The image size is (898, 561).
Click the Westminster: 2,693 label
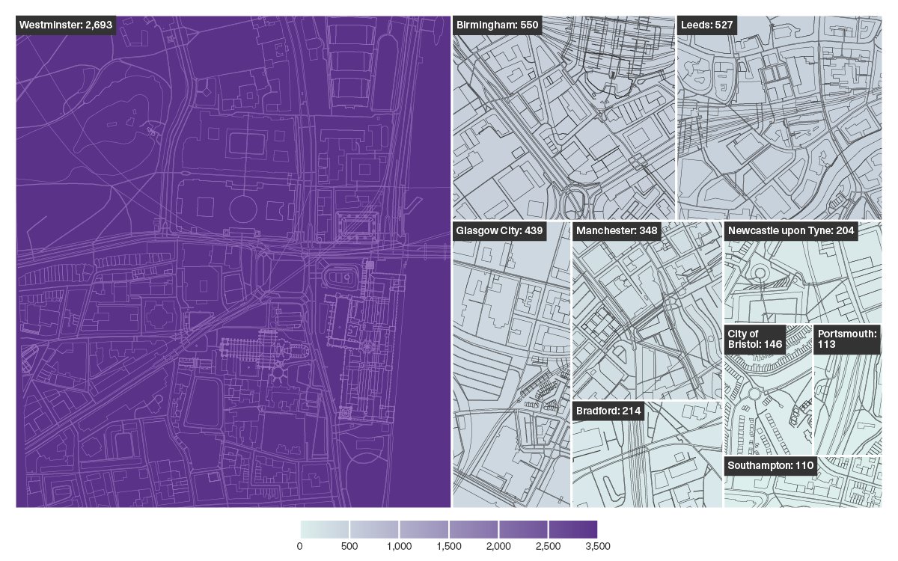66,25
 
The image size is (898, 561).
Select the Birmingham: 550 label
497,25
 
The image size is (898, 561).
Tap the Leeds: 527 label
708,25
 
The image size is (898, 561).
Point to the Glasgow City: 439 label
499,230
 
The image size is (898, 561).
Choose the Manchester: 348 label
617,230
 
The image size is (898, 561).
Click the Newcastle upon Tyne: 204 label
791,230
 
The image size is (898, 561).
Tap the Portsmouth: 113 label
847,339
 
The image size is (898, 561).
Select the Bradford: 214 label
608,411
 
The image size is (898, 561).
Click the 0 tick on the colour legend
300,546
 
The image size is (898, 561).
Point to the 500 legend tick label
349,546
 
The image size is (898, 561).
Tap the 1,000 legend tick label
399,546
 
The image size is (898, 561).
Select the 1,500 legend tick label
448,546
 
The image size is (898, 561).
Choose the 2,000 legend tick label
498,546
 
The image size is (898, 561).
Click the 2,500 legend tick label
548,546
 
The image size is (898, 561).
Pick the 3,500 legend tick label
597,546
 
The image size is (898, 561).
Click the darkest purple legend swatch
572,530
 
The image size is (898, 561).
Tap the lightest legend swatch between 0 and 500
325,530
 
